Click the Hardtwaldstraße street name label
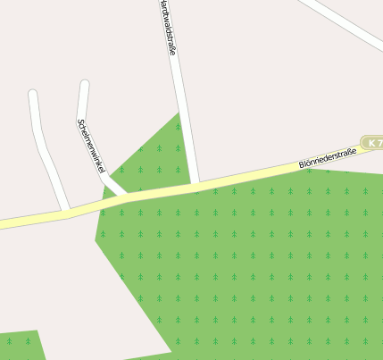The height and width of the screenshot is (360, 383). [x=167, y=28]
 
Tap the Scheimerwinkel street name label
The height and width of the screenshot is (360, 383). [x=92, y=146]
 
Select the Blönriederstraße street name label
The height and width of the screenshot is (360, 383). [x=328, y=159]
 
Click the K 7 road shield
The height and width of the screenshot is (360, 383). [x=373, y=143]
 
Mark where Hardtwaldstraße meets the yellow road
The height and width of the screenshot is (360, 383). [x=195, y=185]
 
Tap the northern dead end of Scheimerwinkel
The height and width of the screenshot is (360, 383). [x=84, y=85]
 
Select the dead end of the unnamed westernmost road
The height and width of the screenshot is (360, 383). [x=33, y=94]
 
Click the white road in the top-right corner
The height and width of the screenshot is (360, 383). [x=344, y=22]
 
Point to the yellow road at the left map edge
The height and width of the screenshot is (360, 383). [x=4, y=222]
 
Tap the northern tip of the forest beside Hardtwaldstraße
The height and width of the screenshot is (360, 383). [x=179, y=113]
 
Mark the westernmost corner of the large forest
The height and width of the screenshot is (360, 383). [x=96, y=239]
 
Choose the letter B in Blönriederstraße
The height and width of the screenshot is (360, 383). [x=302, y=165]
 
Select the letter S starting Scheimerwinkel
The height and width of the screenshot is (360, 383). [x=80, y=122]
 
